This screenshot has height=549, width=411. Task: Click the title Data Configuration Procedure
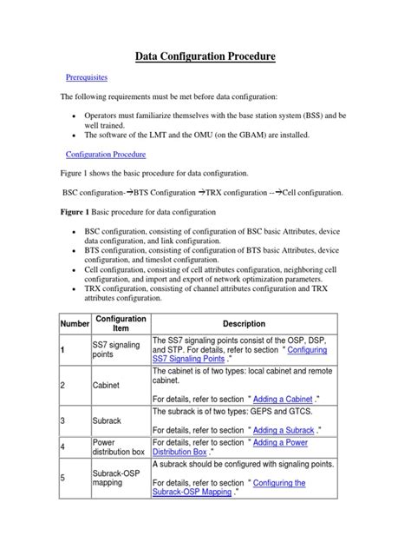tap(205, 56)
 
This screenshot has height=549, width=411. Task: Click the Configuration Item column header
tap(121, 323)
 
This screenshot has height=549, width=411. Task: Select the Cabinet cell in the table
tap(108, 383)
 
